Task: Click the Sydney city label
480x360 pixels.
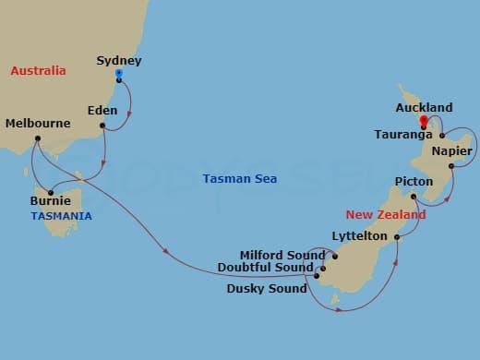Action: (119, 61)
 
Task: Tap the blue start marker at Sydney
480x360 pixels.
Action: (119, 74)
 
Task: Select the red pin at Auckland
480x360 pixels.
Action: (423, 120)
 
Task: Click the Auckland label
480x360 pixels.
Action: (424, 107)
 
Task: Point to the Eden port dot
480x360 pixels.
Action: (102, 126)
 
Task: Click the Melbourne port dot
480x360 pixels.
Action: (37, 139)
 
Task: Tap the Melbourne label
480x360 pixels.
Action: (38, 123)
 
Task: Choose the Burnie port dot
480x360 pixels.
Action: (51, 192)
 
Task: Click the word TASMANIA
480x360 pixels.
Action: (62, 215)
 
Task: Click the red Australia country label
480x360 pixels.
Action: (38, 70)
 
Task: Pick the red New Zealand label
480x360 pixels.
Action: (386, 214)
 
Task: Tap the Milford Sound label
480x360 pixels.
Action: (282, 255)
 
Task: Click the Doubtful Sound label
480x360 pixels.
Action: (266, 268)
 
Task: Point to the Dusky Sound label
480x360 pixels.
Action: (266, 288)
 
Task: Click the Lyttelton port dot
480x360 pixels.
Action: (397, 237)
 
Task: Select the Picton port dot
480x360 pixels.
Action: (414, 196)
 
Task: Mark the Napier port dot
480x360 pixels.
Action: (451, 166)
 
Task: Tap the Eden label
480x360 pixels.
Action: (102, 110)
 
